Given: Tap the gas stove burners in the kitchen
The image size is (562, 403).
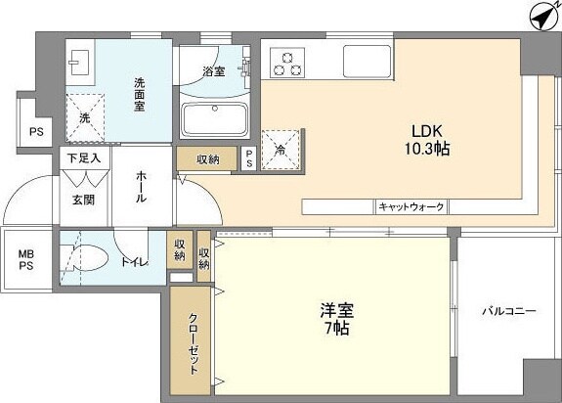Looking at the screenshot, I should (286, 63).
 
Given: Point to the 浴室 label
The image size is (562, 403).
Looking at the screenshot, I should (214, 71).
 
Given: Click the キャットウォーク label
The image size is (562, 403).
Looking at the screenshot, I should (411, 206).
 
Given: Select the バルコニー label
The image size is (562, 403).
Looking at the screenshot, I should (508, 311).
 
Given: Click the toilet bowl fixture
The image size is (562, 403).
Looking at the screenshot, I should (86, 259).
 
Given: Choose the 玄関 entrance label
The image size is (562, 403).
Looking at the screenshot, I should (82, 199).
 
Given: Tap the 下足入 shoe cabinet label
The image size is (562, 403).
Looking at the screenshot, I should (82, 157).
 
